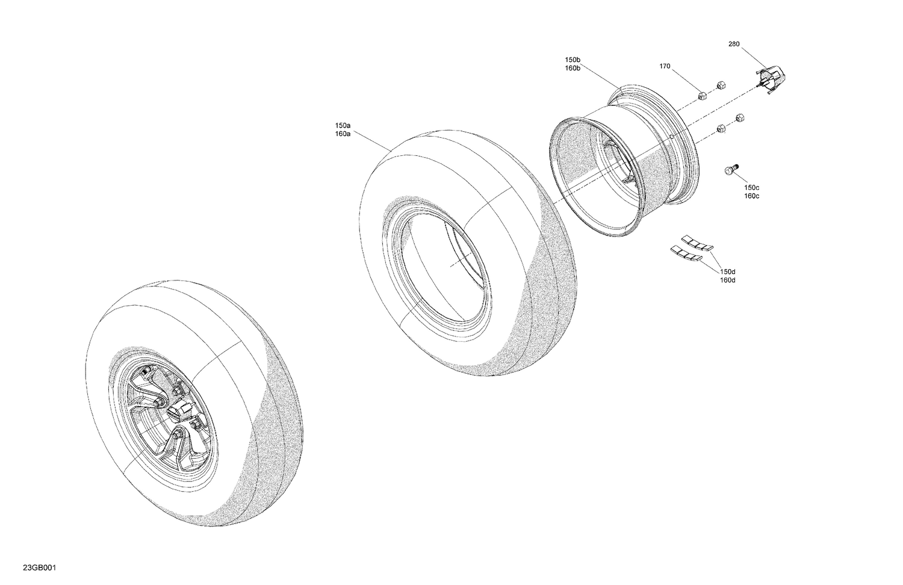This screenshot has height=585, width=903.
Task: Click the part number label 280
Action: pos(734,44)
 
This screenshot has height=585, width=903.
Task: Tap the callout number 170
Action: pos(665,66)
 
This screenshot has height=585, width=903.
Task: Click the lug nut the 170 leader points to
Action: pos(701,95)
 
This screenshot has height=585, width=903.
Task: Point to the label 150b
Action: pos(573,60)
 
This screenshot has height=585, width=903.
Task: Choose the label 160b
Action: pos(573,68)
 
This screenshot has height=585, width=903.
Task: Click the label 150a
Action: pos(343,126)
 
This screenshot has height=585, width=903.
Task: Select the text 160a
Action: pos(343,134)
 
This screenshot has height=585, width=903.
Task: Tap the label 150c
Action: pos(751,188)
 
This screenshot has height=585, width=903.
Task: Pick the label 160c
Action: pos(751,196)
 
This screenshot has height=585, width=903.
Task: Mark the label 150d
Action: pos(728,272)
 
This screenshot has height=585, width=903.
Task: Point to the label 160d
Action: pos(728,280)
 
